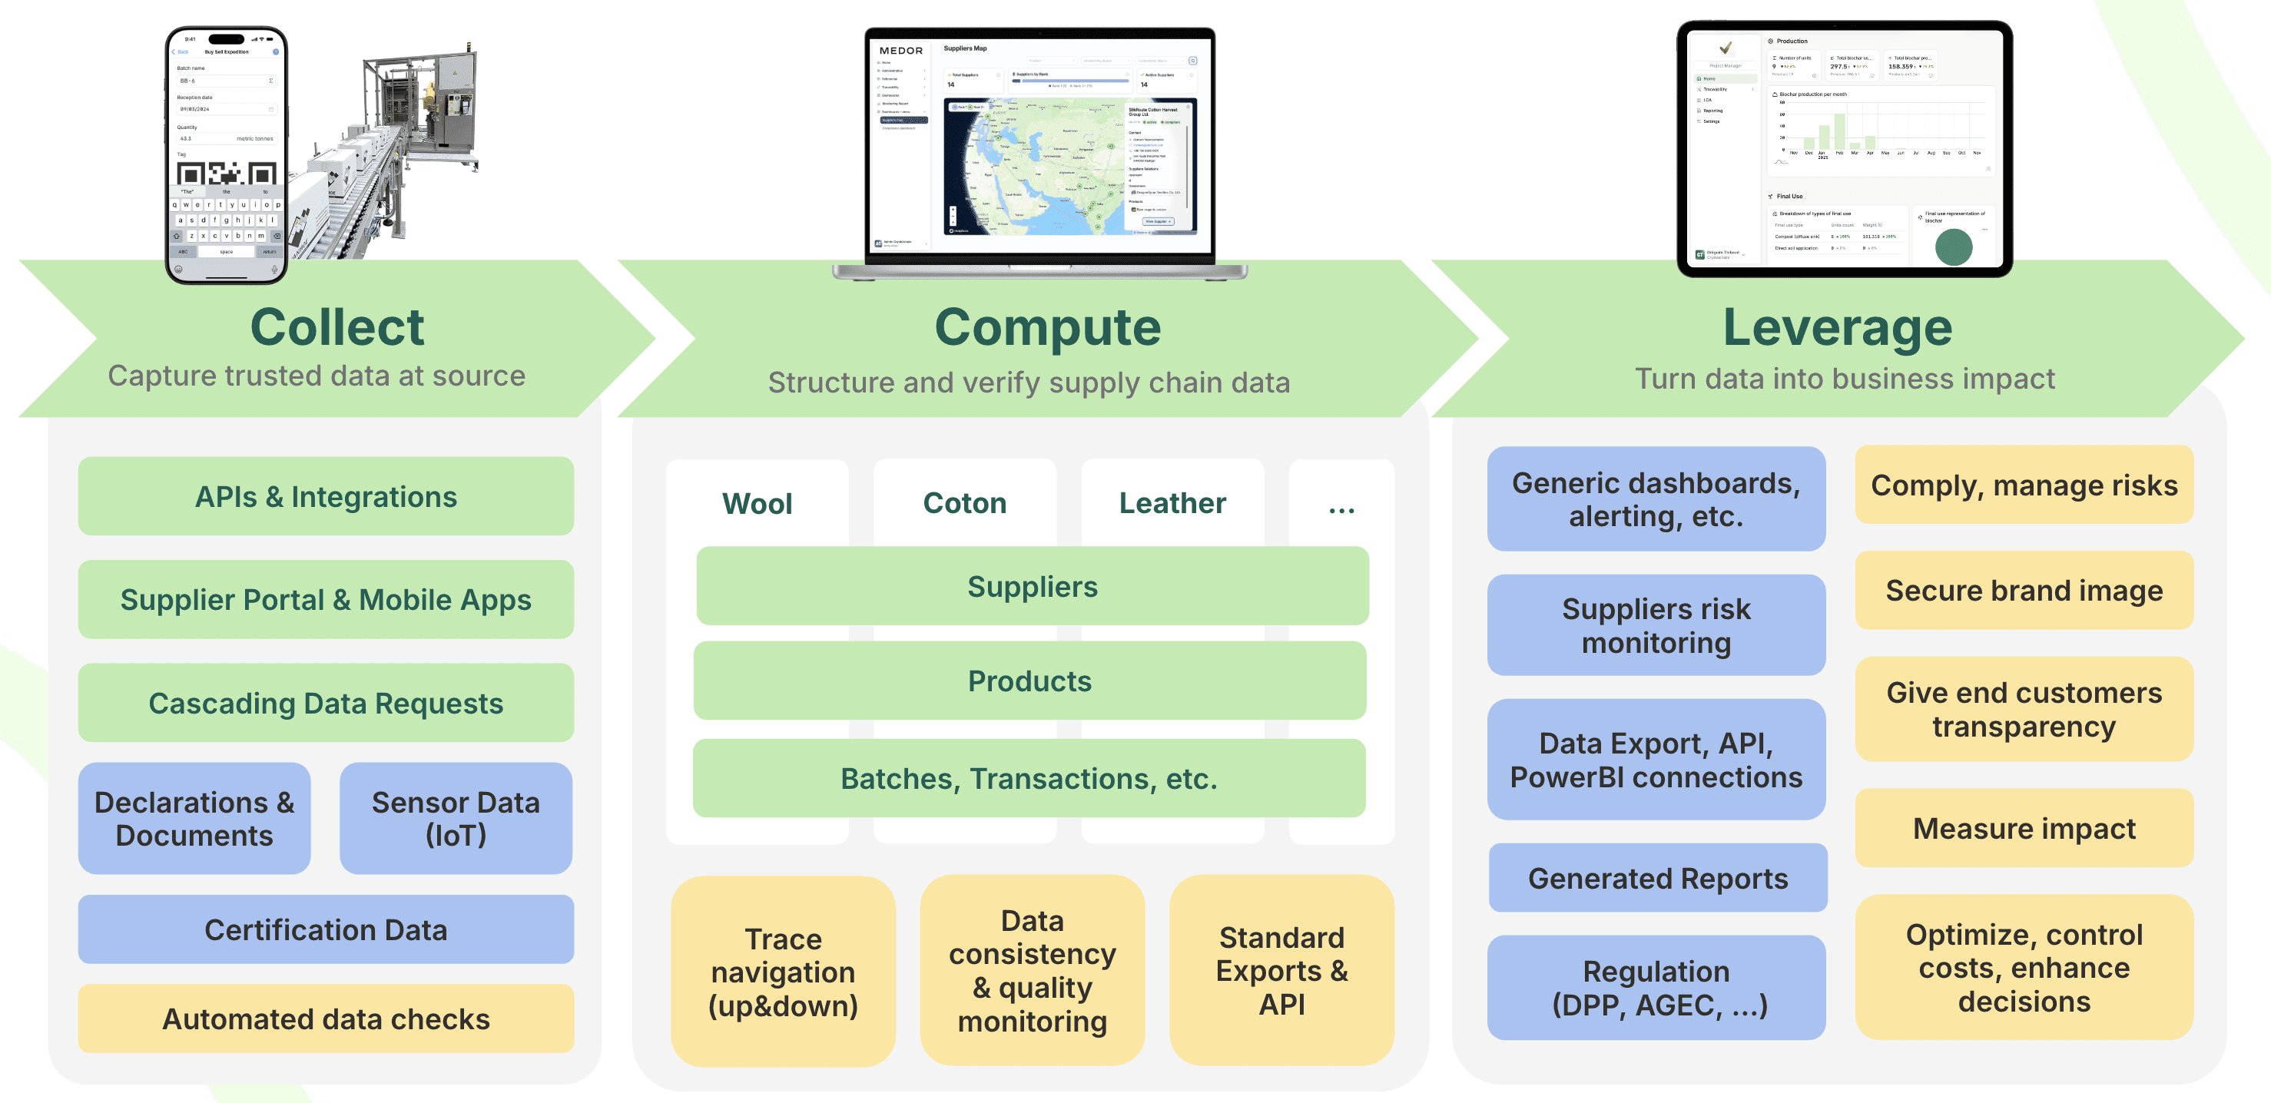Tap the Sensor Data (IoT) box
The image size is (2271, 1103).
455,818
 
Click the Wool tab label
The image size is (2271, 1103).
757,503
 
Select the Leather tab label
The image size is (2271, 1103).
1172,502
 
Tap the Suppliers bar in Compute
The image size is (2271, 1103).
1032,586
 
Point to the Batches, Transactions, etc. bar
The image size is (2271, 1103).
1028,779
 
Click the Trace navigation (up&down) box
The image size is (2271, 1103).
783,972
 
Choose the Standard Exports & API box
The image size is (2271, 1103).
1281,970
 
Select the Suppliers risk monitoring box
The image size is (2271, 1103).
1656,625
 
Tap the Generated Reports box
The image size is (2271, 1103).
1657,878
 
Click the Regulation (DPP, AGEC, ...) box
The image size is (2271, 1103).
1656,988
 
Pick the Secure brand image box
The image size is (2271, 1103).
2024,590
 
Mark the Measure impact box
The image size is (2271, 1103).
2024,828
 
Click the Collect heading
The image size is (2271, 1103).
337,327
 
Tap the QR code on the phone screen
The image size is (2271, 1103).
227,174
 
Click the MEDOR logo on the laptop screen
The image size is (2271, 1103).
900,51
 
